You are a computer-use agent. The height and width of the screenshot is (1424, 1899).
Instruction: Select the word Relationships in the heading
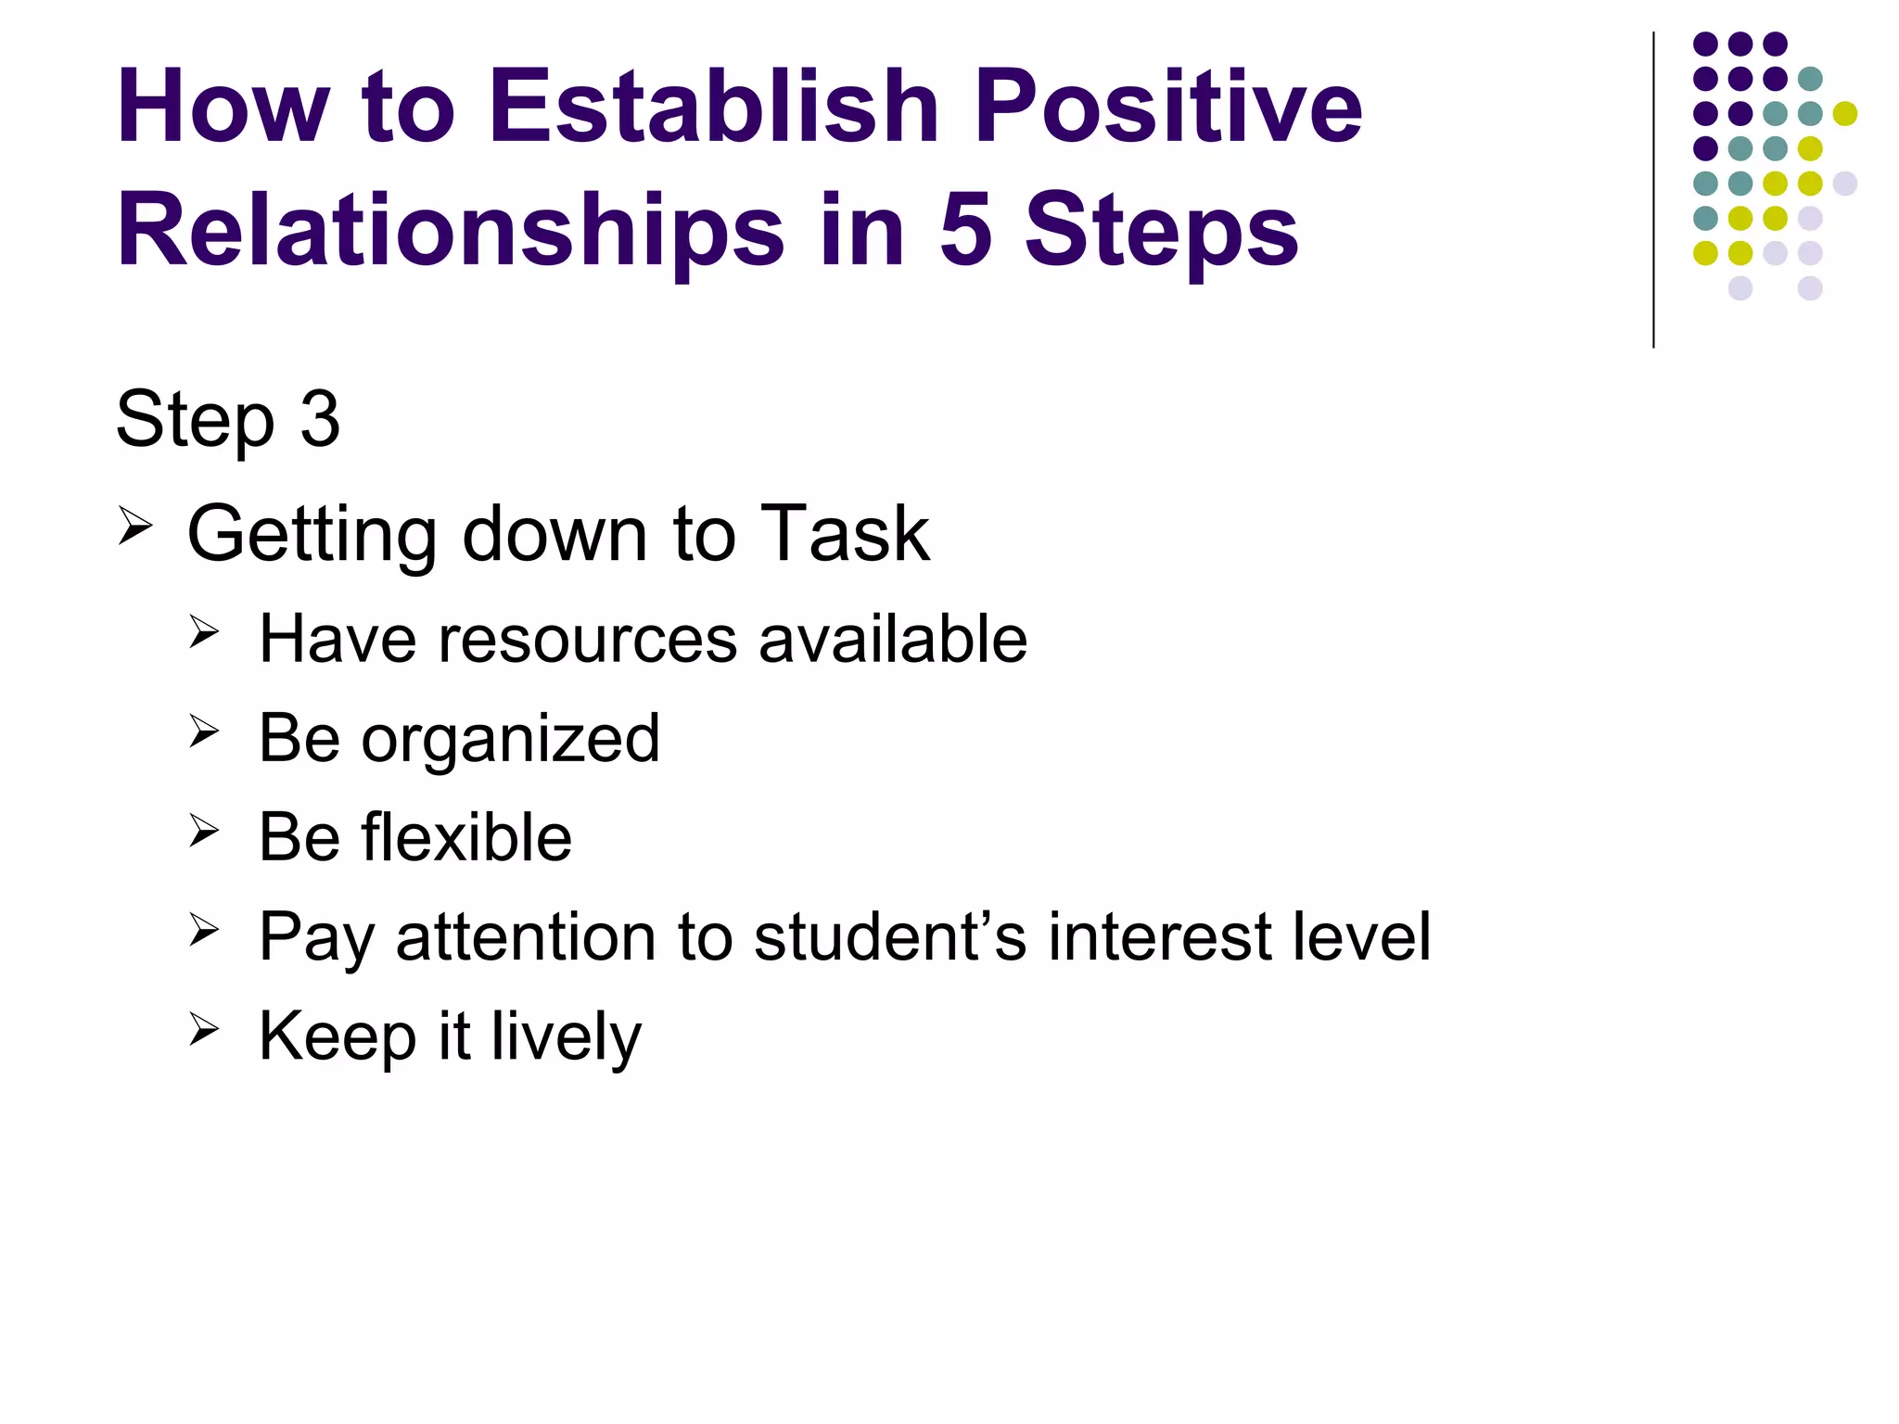tap(451, 232)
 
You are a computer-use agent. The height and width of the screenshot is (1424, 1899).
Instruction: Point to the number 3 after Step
tap(320, 419)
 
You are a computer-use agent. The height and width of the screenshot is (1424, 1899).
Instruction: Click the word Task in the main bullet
tap(844, 534)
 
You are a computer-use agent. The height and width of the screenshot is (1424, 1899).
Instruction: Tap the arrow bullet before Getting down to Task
tap(135, 528)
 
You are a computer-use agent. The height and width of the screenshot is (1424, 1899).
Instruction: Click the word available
tap(893, 640)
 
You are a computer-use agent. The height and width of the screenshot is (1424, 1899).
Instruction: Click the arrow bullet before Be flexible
tap(204, 831)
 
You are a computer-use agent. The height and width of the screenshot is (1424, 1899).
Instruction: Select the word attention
tap(528, 937)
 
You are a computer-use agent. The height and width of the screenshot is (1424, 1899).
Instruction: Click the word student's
tap(890, 937)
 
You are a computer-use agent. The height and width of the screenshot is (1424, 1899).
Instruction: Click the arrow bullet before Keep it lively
tap(204, 1030)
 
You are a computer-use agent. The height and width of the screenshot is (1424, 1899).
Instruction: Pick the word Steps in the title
tap(1161, 232)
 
